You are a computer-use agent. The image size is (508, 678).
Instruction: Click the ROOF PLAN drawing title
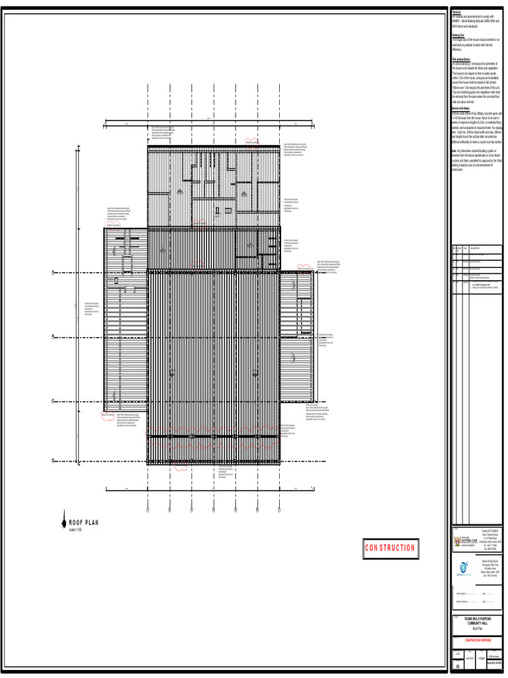pyautogui.click(x=83, y=523)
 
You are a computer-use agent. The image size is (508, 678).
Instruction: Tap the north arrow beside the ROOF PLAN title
pyautogui.click(x=63, y=519)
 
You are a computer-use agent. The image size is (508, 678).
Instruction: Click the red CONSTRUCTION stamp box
pyautogui.click(x=390, y=548)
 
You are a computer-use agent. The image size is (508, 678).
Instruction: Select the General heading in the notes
pyautogui.click(x=456, y=12)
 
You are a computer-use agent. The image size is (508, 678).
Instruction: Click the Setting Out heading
pyautogui.click(x=458, y=34)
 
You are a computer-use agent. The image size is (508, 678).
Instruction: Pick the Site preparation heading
pyautogui.click(x=462, y=59)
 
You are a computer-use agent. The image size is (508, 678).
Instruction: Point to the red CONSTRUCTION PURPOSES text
pyautogui.click(x=476, y=641)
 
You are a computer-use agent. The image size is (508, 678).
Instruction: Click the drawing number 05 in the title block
pyautogui.click(x=458, y=667)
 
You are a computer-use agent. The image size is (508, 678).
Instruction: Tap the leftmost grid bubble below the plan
pyautogui.click(x=148, y=510)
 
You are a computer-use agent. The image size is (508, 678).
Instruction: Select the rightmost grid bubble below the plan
pyautogui.click(x=279, y=510)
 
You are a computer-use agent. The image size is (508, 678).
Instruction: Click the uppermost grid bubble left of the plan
pyautogui.click(x=54, y=272)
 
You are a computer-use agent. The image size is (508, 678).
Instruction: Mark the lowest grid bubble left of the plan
pyautogui.click(x=54, y=461)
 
